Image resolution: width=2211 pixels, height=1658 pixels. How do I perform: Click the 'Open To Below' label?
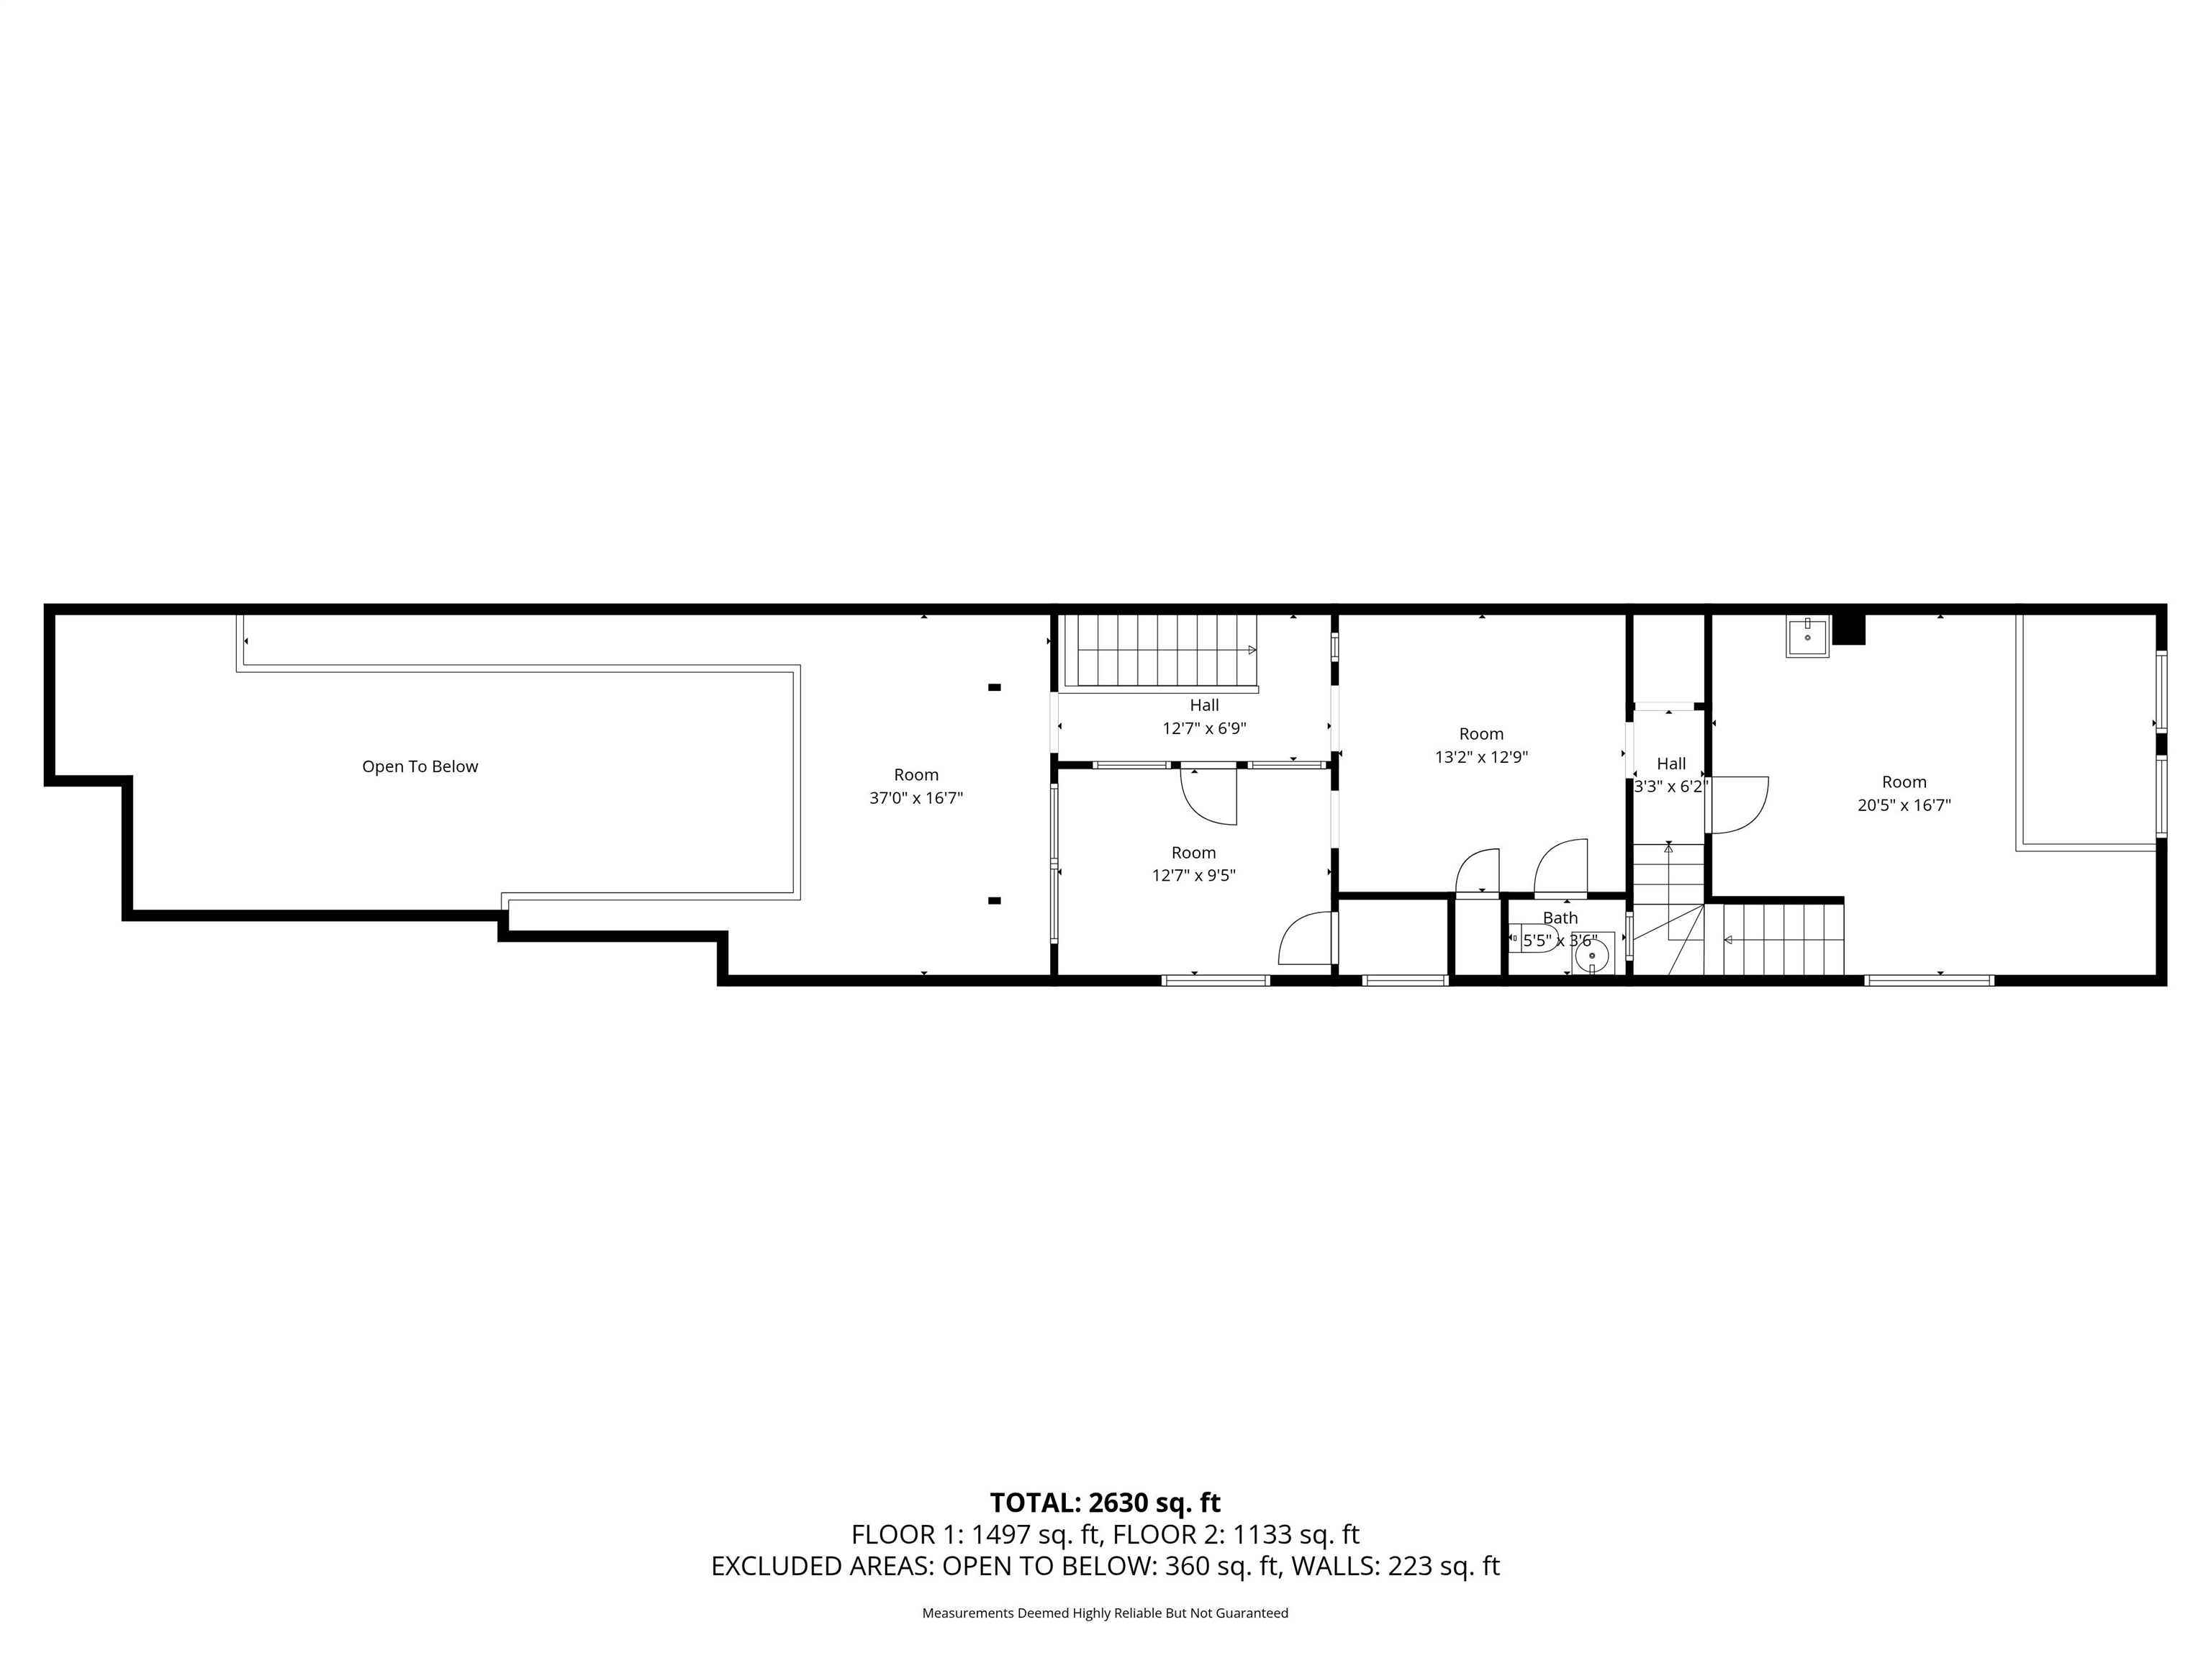coord(420,766)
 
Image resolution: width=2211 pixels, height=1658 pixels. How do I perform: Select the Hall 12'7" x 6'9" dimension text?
coord(1203,728)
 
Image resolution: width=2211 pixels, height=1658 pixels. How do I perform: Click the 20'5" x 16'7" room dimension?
coord(1904,805)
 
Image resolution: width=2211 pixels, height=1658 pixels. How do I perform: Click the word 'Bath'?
coord(1560,918)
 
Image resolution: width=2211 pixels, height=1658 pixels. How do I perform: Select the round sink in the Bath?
coord(1592,956)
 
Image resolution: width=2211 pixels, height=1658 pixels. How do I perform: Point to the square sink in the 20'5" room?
coord(1807,637)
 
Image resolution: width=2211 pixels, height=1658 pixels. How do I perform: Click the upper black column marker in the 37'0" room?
coord(995,687)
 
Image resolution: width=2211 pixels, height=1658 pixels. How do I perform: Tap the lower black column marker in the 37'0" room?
coord(995,900)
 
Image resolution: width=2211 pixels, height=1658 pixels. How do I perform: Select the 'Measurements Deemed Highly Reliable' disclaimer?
coord(1105,1613)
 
